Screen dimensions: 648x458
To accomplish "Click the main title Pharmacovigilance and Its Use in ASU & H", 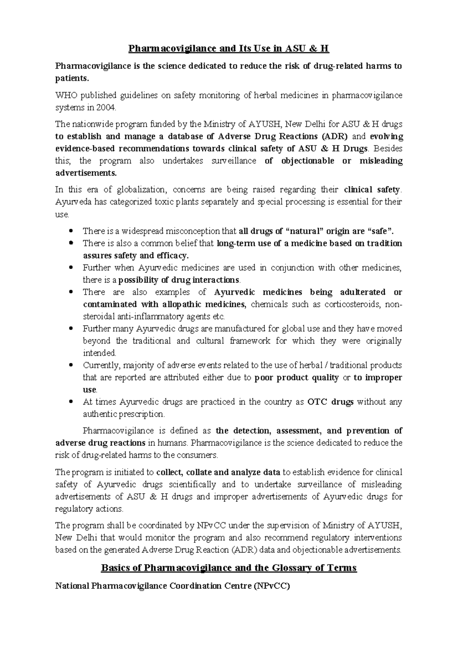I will coord(228,49).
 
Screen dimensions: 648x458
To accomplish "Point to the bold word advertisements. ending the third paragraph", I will coord(86,173).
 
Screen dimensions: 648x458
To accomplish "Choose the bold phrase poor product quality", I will coord(296,377).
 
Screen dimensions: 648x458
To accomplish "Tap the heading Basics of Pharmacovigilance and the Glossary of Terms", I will coord(228,568).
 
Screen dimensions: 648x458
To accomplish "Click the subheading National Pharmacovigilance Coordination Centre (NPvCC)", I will coord(173,586).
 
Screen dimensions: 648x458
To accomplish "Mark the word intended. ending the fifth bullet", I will coord(100,353).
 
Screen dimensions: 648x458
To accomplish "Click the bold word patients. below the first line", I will coord(72,78).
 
